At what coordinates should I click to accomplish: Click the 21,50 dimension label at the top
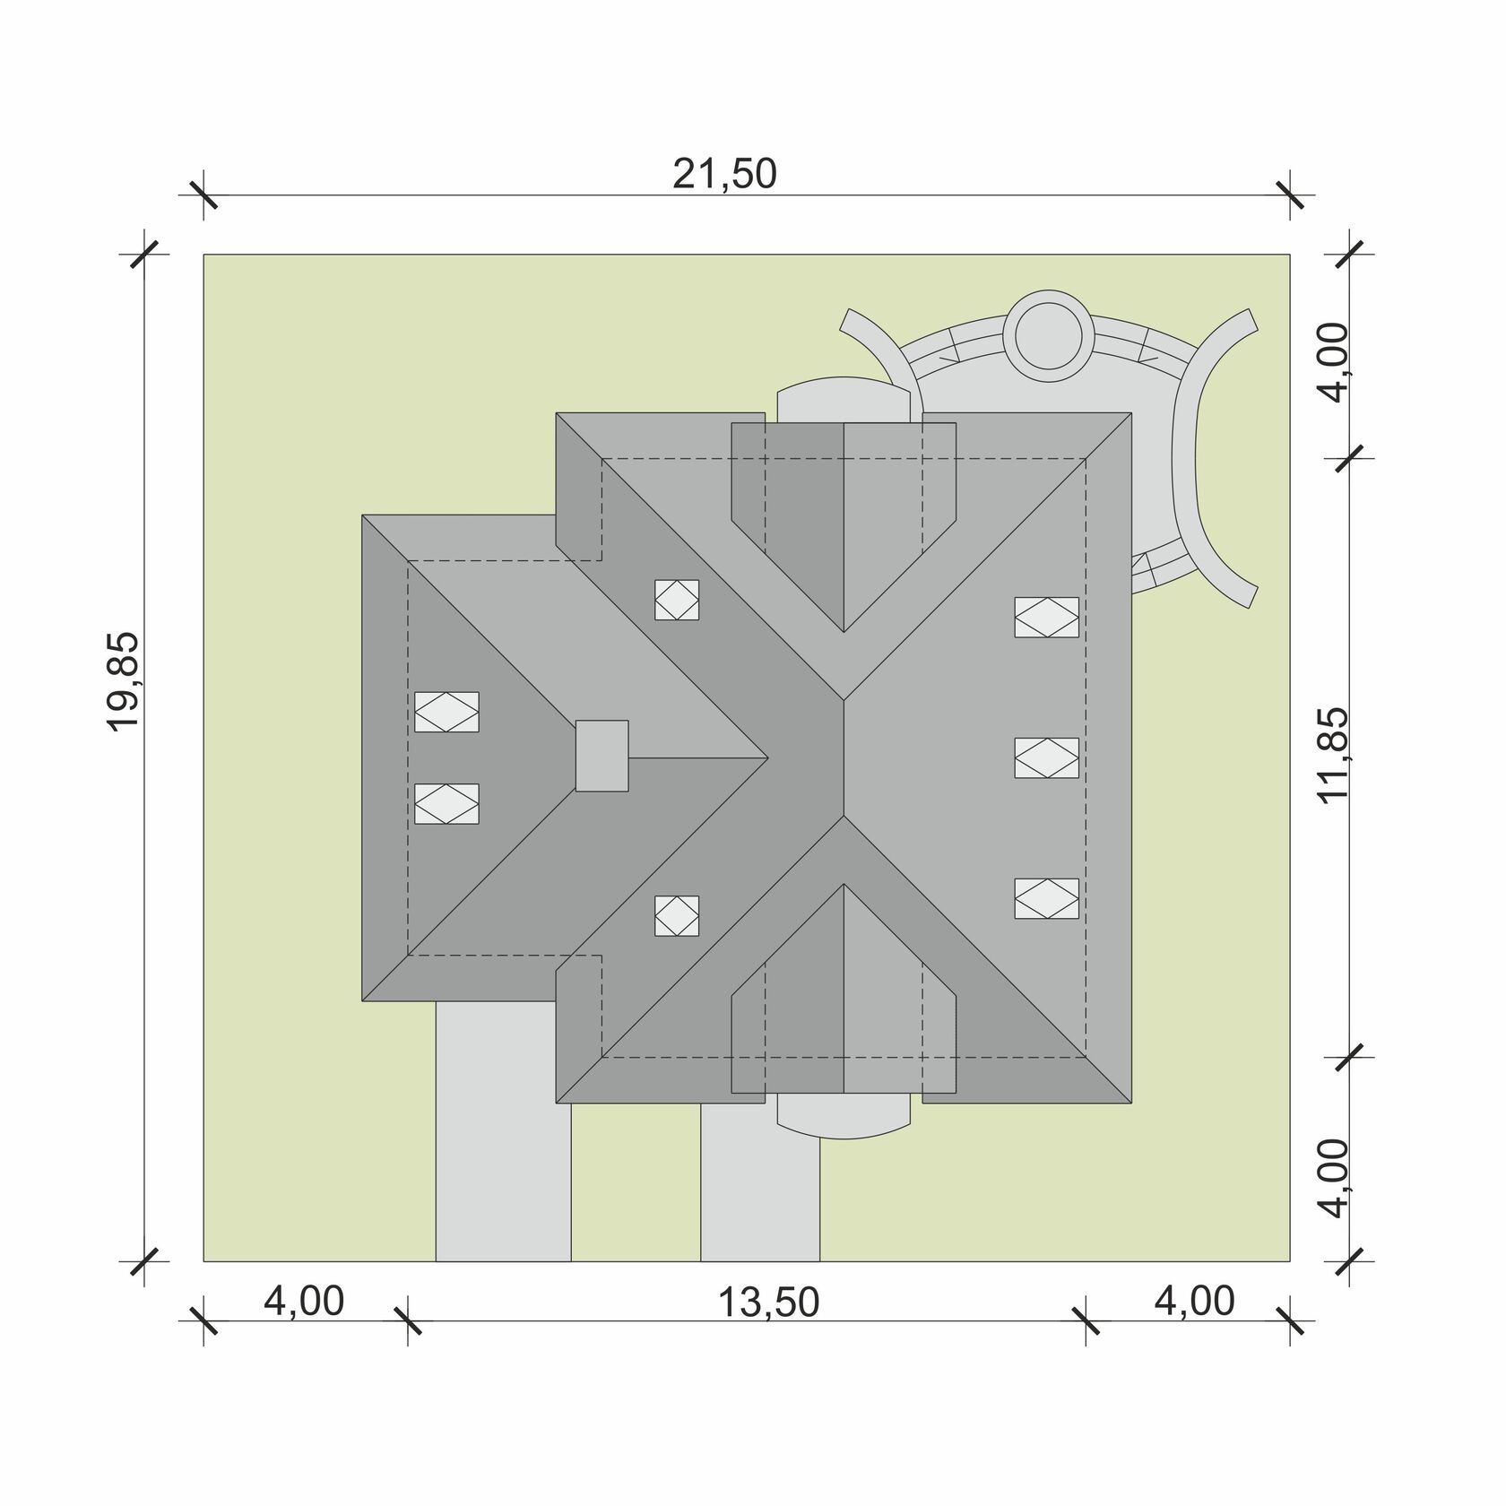tap(724, 174)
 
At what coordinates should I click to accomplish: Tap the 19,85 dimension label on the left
tap(124, 682)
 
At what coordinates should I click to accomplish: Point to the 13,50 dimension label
tap(769, 1303)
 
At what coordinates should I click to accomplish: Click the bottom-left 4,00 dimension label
tap(304, 1302)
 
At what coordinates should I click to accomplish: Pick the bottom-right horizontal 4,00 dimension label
tap(1194, 1302)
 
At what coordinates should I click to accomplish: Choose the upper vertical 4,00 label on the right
tap(1335, 362)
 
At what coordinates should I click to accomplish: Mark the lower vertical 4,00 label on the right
tap(1335, 1178)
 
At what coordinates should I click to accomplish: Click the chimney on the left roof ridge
tap(602, 756)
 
